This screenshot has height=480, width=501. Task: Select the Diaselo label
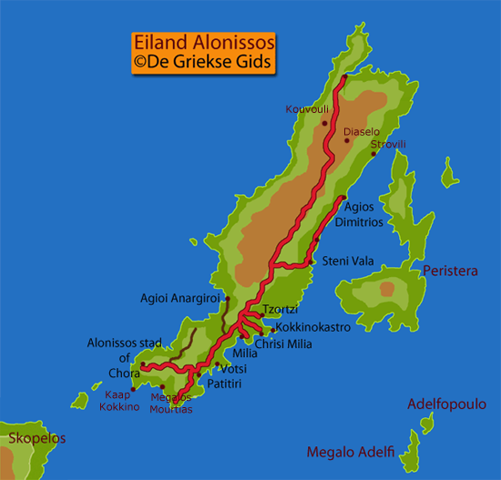[x=361, y=132]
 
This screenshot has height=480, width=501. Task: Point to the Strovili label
[x=388, y=145]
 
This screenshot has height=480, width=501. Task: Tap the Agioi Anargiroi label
[x=179, y=297]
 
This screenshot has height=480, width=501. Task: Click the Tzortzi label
[x=281, y=309]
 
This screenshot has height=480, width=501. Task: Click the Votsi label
[x=233, y=369]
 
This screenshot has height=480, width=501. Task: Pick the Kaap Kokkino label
[x=121, y=401]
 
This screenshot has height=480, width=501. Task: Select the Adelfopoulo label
[x=446, y=404]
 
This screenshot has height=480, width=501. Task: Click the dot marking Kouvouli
[x=324, y=123]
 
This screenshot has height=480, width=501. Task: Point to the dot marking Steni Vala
[x=312, y=262]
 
